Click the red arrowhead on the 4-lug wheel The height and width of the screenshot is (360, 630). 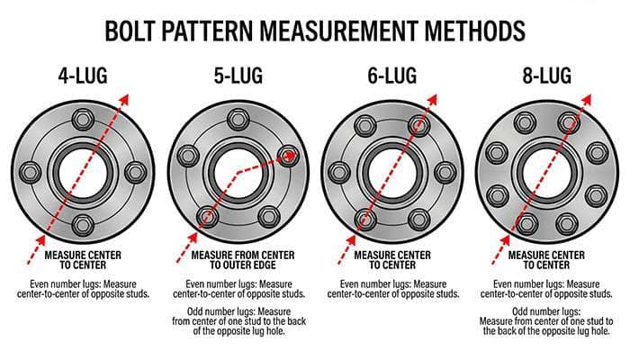[128, 91]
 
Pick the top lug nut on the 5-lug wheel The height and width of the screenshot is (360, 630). [238, 119]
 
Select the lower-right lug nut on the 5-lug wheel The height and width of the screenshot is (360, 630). [267, 217]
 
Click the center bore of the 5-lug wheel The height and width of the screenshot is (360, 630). [238, 172]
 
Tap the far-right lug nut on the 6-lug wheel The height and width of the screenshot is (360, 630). [443, 172]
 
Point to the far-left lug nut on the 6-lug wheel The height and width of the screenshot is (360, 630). [340, 172]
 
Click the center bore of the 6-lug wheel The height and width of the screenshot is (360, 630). [391, 172]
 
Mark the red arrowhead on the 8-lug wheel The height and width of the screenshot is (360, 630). [590, 92]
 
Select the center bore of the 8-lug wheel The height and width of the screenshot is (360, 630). [546, 172]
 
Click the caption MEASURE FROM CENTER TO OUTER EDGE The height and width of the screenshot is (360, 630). [237, 261]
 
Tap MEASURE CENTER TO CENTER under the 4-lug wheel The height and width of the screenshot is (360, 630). [82, 261]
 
